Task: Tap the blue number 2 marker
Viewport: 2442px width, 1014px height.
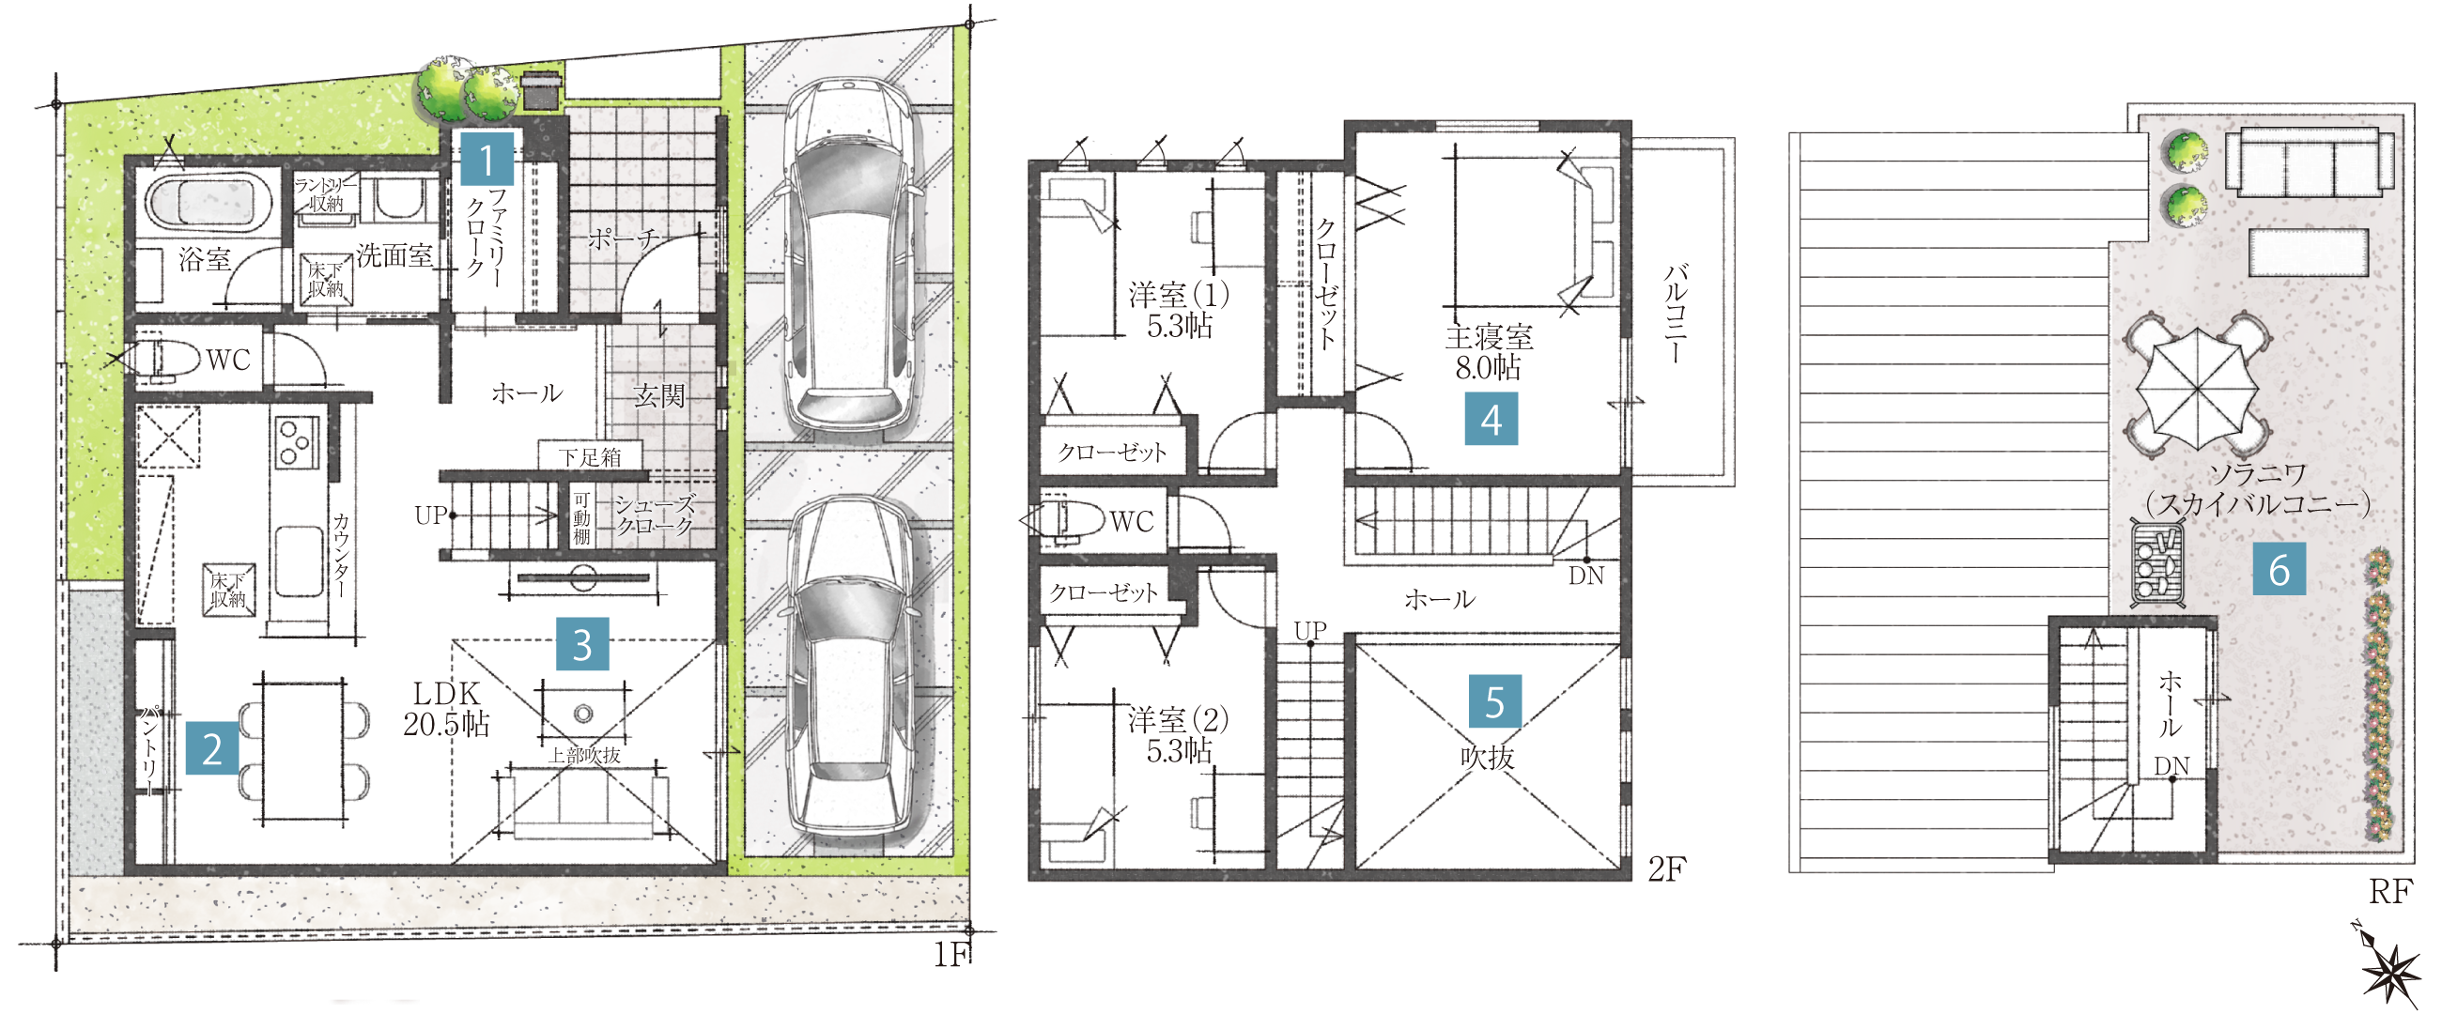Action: (211, 747)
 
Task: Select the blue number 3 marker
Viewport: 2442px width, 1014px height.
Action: (582, 643)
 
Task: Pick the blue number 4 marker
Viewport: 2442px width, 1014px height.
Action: (1491, 419)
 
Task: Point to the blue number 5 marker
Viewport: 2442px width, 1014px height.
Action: (1495, 701)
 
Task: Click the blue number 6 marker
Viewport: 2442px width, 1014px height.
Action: (2279, 570)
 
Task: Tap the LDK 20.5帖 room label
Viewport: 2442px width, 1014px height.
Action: (445, 709)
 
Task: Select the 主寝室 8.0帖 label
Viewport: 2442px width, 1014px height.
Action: (1489, 351)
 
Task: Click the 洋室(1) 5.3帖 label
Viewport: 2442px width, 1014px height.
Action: (1180, 309)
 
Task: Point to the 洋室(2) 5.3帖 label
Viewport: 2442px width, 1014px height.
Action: (1179, 734)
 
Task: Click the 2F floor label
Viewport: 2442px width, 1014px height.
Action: (1667, 868)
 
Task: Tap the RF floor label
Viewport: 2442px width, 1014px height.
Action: (2389, 891)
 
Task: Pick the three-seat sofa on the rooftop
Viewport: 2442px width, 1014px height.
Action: (2309, 163)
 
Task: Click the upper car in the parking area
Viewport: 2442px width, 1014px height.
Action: (847, 256)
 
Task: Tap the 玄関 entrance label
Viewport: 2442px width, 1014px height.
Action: (658, 394)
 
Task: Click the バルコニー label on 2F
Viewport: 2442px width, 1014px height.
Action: (1676, 314)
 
